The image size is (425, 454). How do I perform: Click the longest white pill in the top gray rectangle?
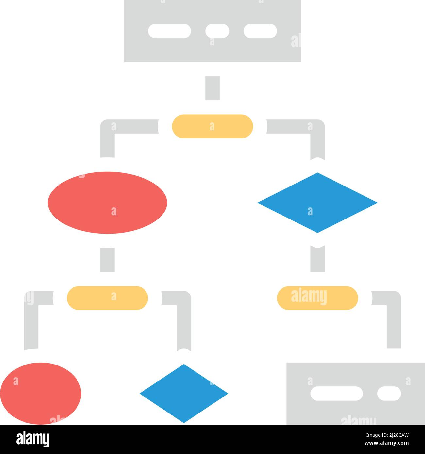(169, 31)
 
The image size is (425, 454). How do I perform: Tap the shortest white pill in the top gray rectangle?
(217, 31)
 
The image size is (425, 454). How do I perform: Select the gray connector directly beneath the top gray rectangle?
(212, 88)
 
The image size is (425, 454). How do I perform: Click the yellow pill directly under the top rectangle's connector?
(212, 126)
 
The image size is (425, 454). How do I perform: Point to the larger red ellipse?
(107, 203)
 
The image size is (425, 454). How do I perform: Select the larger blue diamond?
(317, 203)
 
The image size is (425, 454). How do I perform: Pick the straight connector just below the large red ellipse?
(107, 260)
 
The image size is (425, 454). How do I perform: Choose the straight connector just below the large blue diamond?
(317, 259)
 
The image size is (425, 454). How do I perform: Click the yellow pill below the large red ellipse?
(107, 298)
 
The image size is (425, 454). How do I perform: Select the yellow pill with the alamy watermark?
(317, 298)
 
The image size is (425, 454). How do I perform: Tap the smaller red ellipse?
(41, 393)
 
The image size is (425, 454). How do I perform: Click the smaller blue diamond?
(184, 394)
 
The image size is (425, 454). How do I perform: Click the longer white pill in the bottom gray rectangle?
(336, 394)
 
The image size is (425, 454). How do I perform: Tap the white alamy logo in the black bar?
(33, 439)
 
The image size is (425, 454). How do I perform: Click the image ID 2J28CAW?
(387, 435)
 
